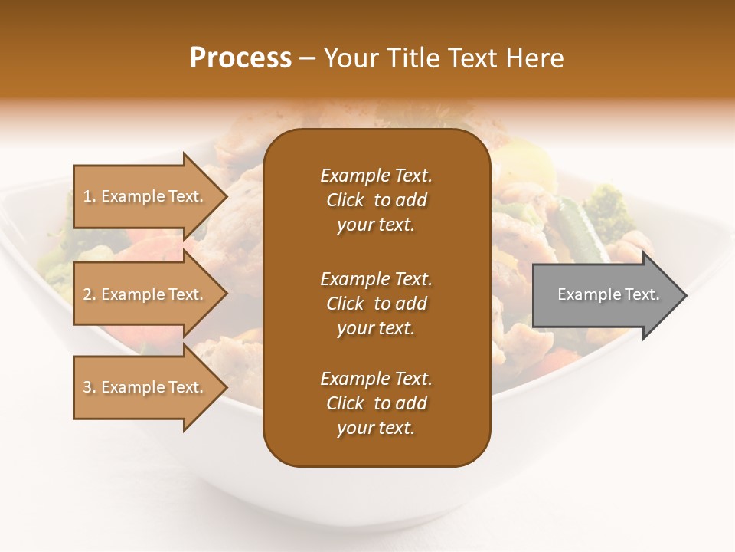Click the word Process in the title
(x=240, y=58)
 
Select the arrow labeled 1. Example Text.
(x=145, y=196)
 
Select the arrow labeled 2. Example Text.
(x=145, y=294)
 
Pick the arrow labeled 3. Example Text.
(x=145, y=387)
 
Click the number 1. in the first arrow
(x=90, y=197)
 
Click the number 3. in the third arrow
(x=90, y=388)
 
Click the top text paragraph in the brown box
(x=376, y=200)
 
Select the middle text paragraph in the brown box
(x=376, y=304)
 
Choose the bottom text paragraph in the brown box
(x=376, y=403)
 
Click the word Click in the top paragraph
(x=345, y=200)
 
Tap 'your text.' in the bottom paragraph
(x=376, y=429)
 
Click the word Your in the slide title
(x=349, y=58)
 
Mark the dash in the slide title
(x=308, y=59)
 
